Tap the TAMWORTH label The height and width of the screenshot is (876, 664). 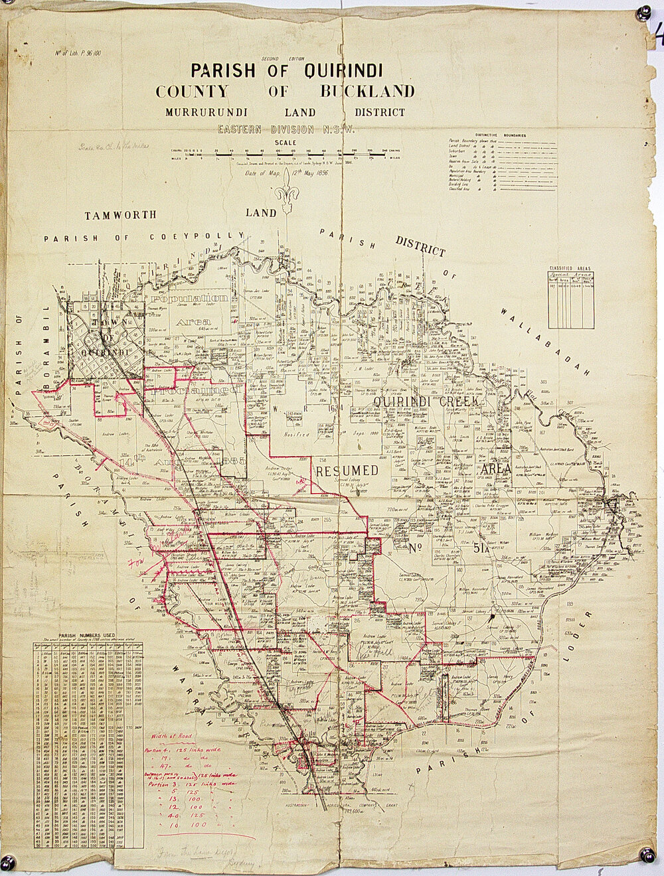click(x=121, y=215)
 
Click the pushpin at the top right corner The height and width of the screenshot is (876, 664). click(x=642, y=13)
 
